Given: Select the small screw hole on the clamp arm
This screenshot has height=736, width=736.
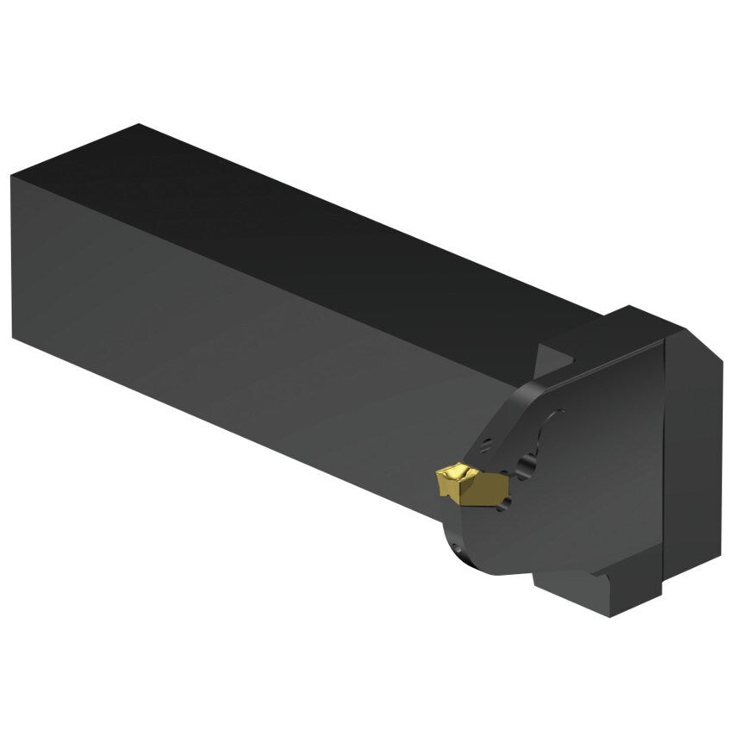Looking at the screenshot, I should (487, 446).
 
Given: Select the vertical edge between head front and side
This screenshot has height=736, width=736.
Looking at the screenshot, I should (664, 465).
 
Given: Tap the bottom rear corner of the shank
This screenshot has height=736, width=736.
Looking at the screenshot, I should (14, 336).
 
